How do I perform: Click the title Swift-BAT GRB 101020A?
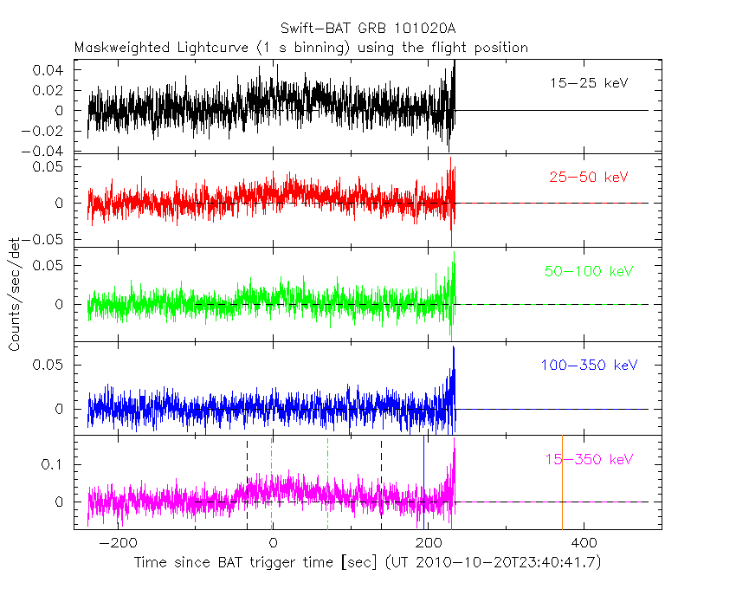tap(368, 29)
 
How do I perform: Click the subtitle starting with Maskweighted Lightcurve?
tap(301, 47)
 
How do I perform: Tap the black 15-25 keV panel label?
tap(589, 84)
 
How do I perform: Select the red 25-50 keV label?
tap(589, 178)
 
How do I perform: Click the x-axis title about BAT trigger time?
tap(367, 562)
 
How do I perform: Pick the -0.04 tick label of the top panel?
tap(45, 152)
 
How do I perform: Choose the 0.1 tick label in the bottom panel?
tap(55, 464)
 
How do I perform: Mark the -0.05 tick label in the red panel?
tap(45, 238)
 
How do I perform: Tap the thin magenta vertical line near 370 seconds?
tap(563, 481)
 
